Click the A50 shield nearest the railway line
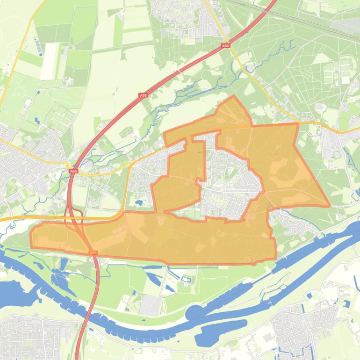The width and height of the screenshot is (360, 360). coord(225,46)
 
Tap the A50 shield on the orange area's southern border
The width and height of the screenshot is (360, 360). coord(94,253)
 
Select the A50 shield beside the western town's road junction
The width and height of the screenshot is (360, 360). coord(72,172)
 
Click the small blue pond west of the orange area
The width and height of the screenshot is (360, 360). coord(139,203)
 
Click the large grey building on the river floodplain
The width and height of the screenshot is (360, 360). coord(151,305)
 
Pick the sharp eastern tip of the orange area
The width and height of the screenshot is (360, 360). coord(330,205)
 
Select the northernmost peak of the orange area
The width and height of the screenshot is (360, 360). coord(234,96)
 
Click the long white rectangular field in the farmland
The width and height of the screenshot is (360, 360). coord(49,61)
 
